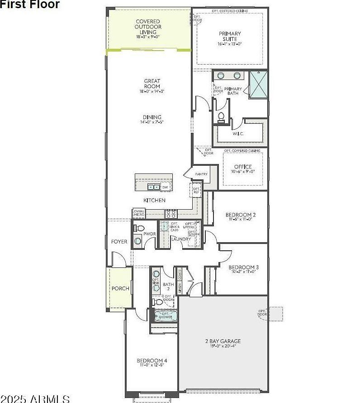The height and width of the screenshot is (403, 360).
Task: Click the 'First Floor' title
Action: click(30, 5)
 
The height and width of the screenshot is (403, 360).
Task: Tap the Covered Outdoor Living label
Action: click(148, 27)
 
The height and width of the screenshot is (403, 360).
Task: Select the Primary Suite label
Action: click(230, 36)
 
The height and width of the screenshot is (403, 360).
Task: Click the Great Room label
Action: click(152, 84)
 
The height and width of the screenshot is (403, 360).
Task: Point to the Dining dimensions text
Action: click(152, 122)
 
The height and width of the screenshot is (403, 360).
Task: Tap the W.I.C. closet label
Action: click(238, 134)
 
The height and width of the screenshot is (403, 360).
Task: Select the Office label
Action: click(243, 167)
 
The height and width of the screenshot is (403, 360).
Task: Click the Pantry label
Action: click(201, 174)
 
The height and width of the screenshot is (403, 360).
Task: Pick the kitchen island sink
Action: click(154, 187)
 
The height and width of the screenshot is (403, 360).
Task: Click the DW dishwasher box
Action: click(165, 187)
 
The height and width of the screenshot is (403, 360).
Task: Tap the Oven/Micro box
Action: click(139, 213)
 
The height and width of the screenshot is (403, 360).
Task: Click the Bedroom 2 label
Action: click(241, 215)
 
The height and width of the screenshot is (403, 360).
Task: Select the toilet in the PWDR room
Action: click(139, 229)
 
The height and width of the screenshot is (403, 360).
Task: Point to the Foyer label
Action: click(119, 242)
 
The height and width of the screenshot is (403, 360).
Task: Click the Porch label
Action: click(120, 288)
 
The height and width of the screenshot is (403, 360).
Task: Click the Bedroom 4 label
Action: click(152, 361)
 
